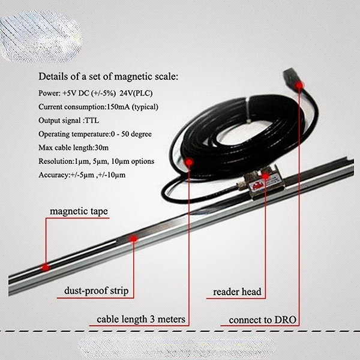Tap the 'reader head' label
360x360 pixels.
[237, 292]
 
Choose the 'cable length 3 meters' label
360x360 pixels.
[140, 319]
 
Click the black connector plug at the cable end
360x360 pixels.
[291, 77]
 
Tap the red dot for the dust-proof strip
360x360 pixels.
[133, 239]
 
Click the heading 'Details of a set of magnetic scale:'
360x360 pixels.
[109, 77]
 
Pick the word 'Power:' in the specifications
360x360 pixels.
[49, 93]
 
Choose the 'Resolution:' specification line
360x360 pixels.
[96, 161]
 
